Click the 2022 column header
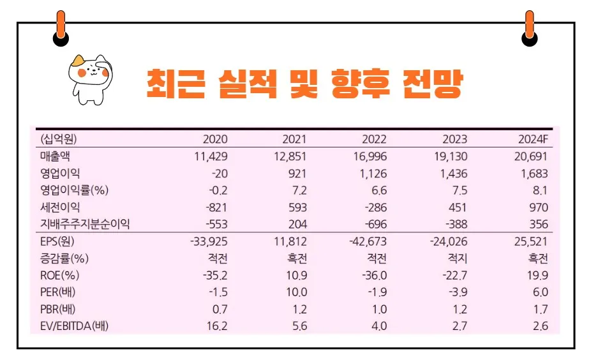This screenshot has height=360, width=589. [374, 139]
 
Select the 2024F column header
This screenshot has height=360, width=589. [533, 139]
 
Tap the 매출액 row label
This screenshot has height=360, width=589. [55, 156]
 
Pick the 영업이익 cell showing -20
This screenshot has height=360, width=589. [218, 174]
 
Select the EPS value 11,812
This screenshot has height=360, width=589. [290, 242]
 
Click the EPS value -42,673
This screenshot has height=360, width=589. [368, 242]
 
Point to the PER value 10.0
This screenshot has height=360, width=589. [296, 293]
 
